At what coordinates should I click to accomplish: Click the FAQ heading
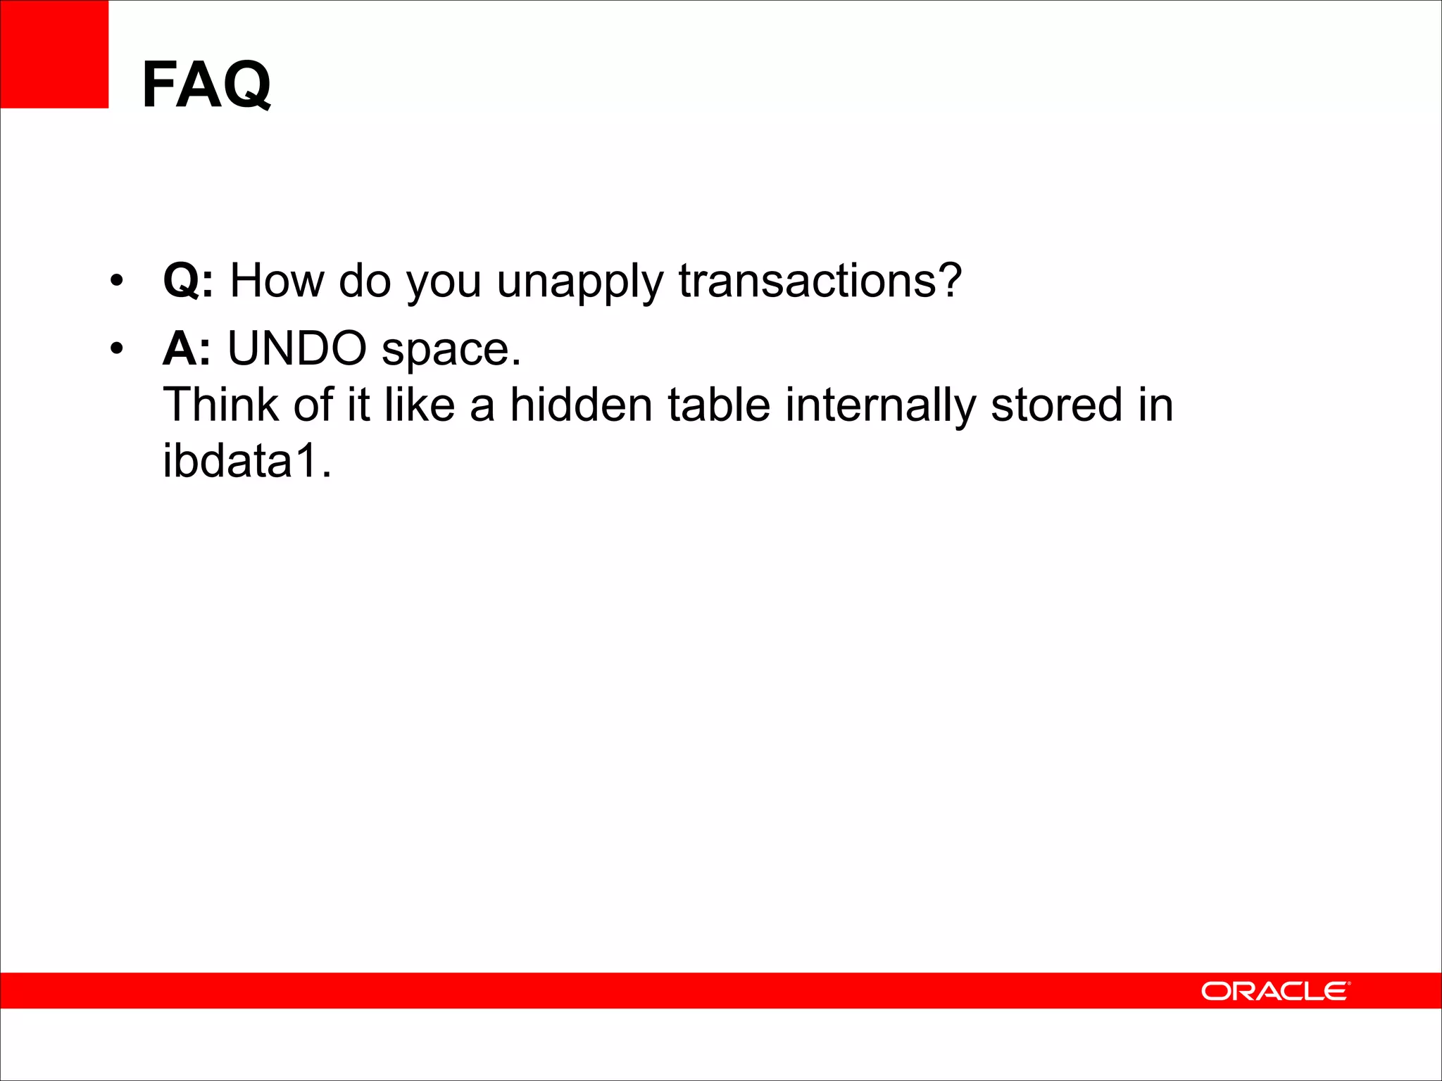point(206,84)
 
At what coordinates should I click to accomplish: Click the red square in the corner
point(54,54)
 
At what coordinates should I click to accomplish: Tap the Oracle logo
point(1275,991)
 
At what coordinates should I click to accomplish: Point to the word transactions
point(807,281)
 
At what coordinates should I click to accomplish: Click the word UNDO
point(296,348)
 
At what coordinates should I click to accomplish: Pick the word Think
point(221,405)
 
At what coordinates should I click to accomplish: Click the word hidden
point(581,405)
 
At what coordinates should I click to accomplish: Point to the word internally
point(880,406)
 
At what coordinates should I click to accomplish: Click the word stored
point(1056,405)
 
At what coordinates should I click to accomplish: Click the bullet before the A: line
point(117,349)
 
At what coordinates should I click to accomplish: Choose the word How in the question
point(277,281)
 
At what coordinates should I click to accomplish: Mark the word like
point(420,405)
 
